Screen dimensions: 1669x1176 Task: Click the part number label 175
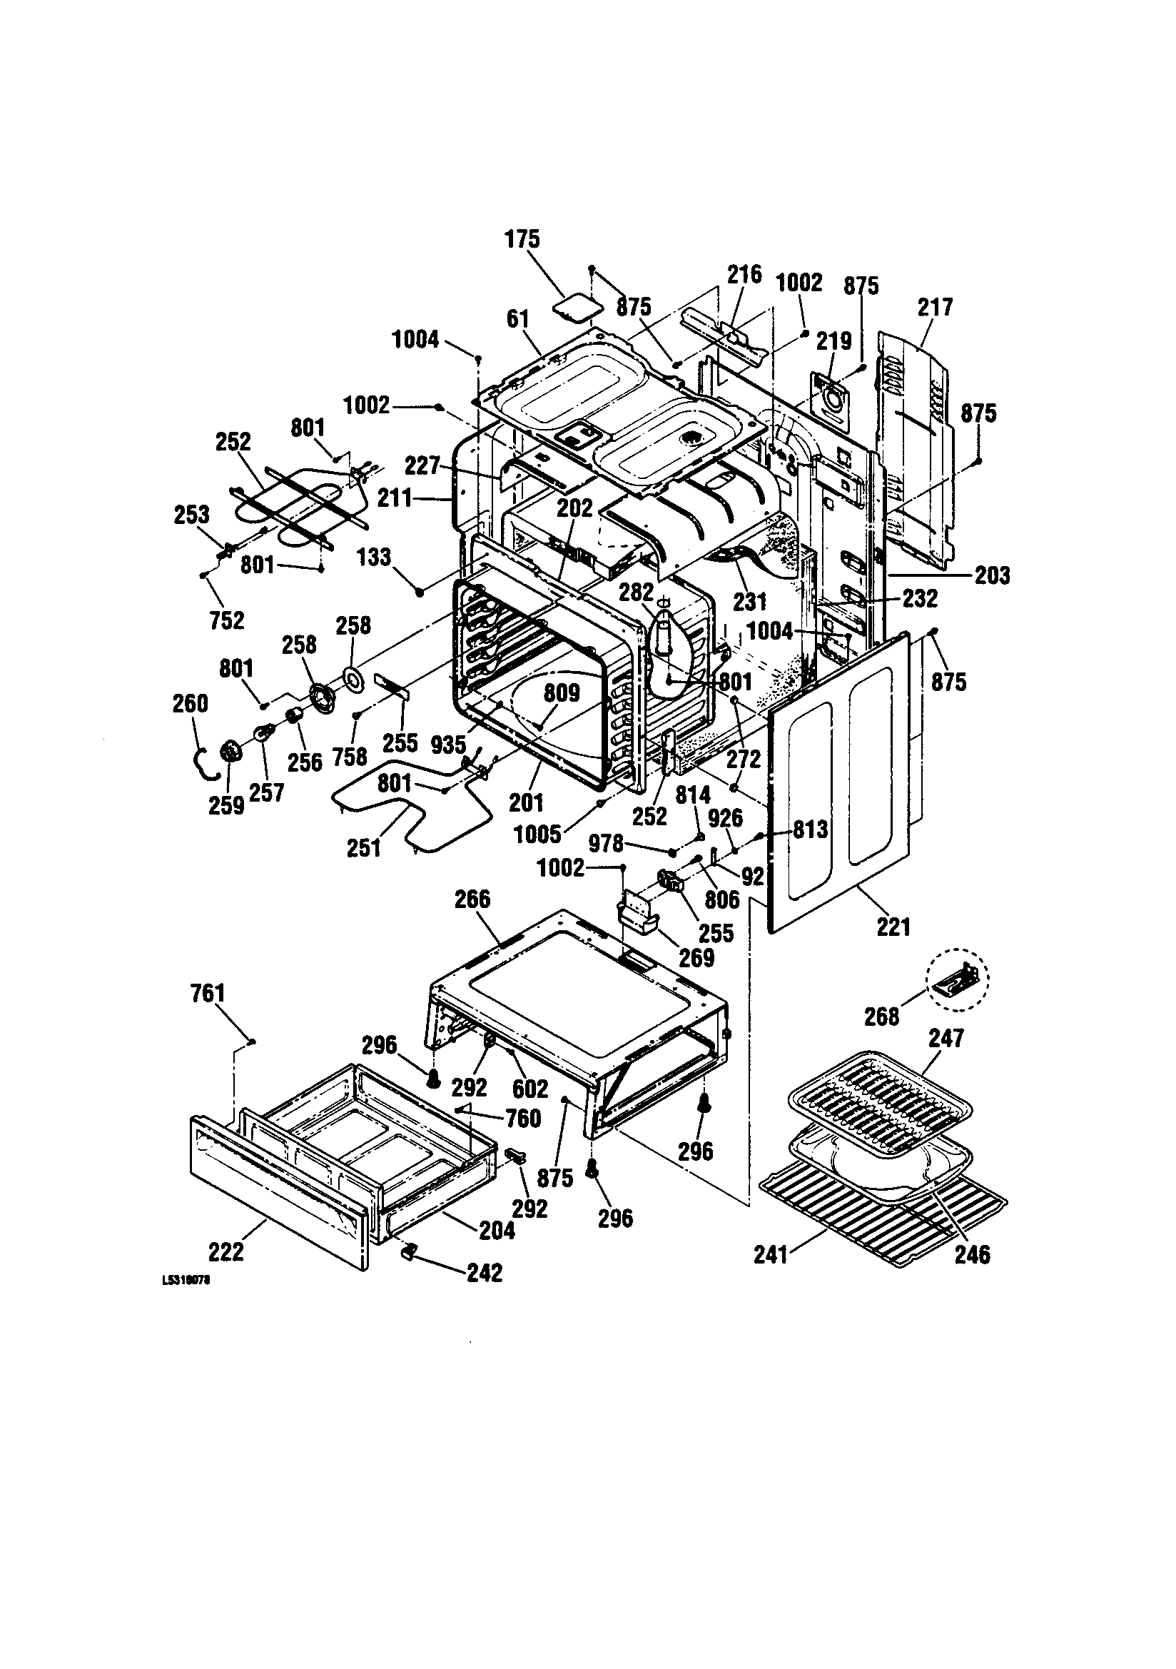(522, 239)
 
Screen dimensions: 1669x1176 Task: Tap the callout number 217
(935, 308)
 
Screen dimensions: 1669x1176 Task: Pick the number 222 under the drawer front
(227, 1252)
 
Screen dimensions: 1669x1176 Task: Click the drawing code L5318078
(186, 1283)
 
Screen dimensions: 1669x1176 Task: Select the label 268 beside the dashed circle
(881, 1017)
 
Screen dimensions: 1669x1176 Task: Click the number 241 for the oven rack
(771, 1255)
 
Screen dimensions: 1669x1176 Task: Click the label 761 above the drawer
(208, 993)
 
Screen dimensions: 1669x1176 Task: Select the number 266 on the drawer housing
(472, 899)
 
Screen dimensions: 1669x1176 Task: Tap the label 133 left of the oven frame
(375, 558)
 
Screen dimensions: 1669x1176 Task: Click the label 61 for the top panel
(518, 319)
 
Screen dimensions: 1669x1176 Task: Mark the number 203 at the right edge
(991, 575)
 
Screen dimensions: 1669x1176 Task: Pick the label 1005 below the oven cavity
(537, 834)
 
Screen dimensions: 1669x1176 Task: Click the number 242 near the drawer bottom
(484, 1273)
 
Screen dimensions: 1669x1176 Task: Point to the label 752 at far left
(227, 620)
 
